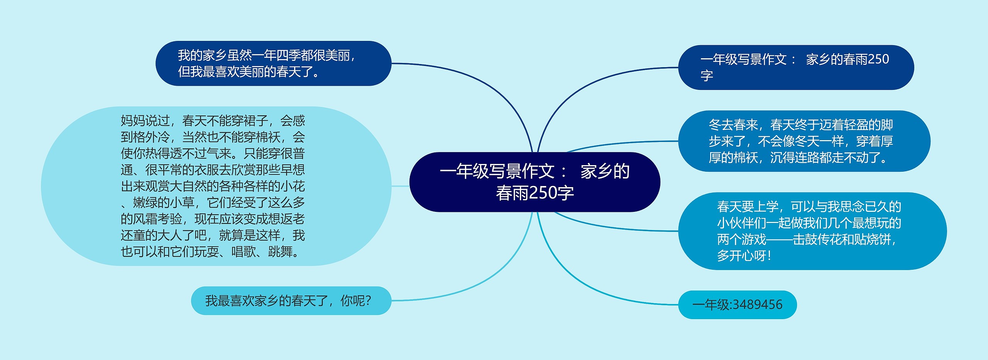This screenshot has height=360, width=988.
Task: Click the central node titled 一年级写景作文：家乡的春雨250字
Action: tap(535, 182)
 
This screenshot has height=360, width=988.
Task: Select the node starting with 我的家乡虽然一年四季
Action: tap(273, 63)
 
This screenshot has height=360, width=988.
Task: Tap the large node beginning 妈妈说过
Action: tap(216, 186)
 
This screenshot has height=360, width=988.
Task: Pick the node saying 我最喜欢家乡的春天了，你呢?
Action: tap(291, 301)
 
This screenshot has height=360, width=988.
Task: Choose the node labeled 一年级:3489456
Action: tap(737, 305)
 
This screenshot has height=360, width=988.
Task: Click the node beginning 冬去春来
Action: tap(804, 141)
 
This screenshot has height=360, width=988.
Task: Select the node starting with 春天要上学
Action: tap(812, 231)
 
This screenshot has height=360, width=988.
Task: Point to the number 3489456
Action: tap(758, 305)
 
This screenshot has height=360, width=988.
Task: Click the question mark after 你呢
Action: tap(368, 301)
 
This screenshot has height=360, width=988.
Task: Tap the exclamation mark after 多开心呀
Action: tap(770, 256)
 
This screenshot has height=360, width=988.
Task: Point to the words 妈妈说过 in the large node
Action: tap(145, 121)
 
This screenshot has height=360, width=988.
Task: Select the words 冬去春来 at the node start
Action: tap(733, 125)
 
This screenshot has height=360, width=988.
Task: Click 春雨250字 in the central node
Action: tap(535, 193)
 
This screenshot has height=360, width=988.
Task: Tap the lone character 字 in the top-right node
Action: tap(707, 75)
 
